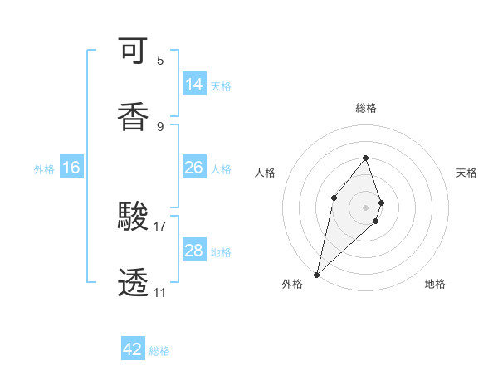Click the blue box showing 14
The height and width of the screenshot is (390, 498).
[x=194, y=85]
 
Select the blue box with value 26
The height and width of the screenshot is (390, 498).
[x=194, y=168]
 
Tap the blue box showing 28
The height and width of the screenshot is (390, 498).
[x=194, y=251]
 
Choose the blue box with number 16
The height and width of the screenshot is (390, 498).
[x=71, y=168]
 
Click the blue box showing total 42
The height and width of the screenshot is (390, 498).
[x=133, y=349]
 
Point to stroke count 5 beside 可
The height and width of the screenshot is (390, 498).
[x=160, y=61]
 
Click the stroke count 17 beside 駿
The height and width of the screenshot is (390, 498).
[x=160, y=226]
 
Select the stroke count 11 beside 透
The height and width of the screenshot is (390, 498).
[x=159, y=292]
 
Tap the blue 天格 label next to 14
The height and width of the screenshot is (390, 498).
[x=221, y=86]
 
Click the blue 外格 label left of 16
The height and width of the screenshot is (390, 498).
[x=44, y=169]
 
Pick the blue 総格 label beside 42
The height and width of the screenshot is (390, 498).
[x=159, y=351]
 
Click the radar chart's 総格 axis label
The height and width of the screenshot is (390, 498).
[x=365, y=108]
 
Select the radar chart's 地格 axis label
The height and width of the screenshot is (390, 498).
[x=435, y=284]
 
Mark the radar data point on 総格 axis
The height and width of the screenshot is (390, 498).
[x=365, y=158]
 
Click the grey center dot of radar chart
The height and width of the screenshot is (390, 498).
[x=365, y=207]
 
